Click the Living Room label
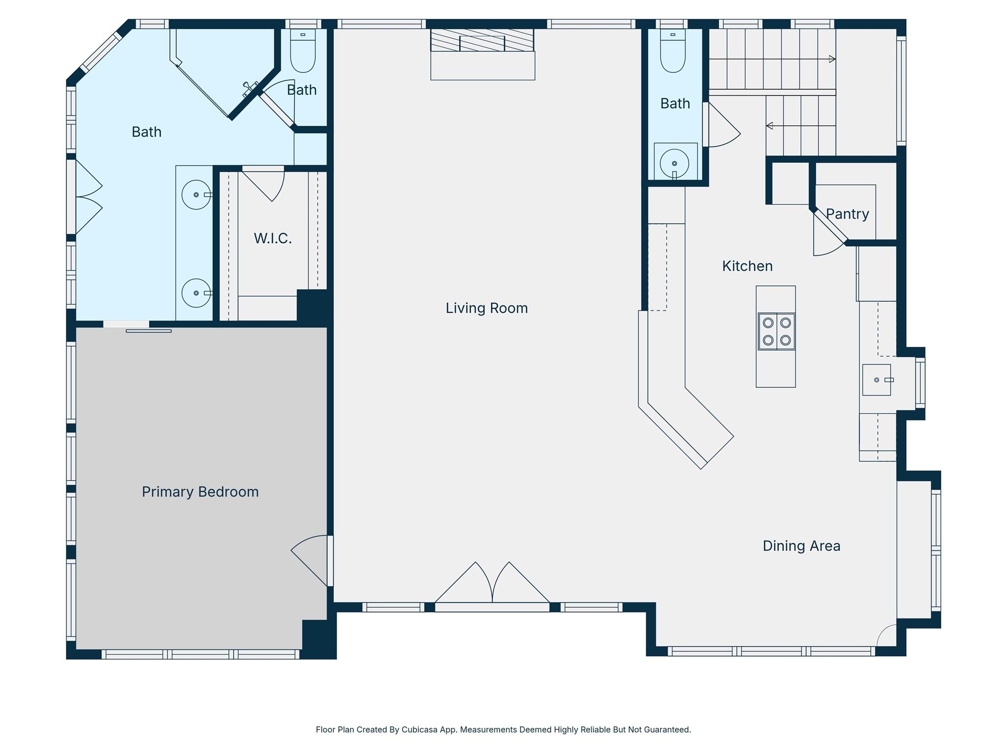487,308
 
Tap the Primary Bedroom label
200,492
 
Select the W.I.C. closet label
273,238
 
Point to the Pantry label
847,214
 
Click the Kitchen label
747,266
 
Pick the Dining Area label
801,546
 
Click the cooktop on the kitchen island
776,331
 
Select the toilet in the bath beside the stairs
673,51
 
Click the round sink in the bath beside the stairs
675,163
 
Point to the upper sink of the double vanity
197,195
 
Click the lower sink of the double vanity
197,293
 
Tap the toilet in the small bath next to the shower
303,51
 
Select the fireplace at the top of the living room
482,54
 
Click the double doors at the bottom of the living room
492,587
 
